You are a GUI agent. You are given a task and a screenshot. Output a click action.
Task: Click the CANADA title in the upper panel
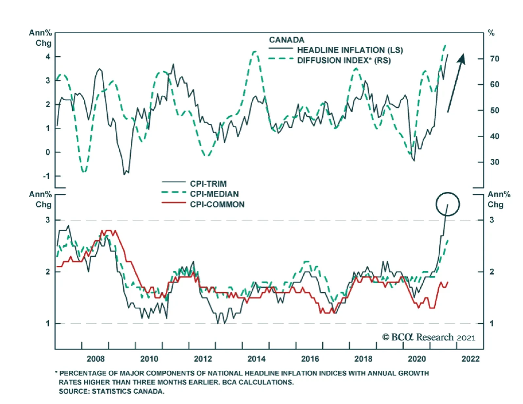[286, 40]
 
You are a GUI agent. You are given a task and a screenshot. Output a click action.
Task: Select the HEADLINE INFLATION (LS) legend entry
[350, 50]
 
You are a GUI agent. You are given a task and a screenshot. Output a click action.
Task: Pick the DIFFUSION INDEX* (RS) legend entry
[344, 60]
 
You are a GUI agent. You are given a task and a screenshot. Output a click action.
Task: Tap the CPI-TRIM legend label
[208, 184]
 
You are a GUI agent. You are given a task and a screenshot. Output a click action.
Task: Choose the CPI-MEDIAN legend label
[214, 194]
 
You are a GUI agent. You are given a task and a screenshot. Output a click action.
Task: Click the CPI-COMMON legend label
[217, 204]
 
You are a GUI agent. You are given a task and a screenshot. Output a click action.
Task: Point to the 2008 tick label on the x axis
[95, 359]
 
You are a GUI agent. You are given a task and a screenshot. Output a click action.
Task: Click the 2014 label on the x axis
[256, 359]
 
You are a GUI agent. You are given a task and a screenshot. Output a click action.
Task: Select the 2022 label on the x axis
[470, 359]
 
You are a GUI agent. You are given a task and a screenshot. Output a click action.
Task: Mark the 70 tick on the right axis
[495, 59]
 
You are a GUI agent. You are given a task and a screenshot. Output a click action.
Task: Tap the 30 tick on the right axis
[495, 162]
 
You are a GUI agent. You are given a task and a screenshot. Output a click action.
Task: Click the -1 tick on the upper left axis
[47, 176]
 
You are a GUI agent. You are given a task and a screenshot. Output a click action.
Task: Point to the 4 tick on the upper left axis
[48, 57]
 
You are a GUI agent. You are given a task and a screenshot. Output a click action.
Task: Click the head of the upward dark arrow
[462, 58]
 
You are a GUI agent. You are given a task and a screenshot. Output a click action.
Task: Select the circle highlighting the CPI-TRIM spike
[447, 204]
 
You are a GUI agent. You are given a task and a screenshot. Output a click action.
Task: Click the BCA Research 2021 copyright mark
[429, 337]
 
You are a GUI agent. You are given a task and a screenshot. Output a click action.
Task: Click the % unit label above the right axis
[491, 33]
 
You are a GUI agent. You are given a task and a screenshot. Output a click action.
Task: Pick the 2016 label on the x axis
[310, 359]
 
